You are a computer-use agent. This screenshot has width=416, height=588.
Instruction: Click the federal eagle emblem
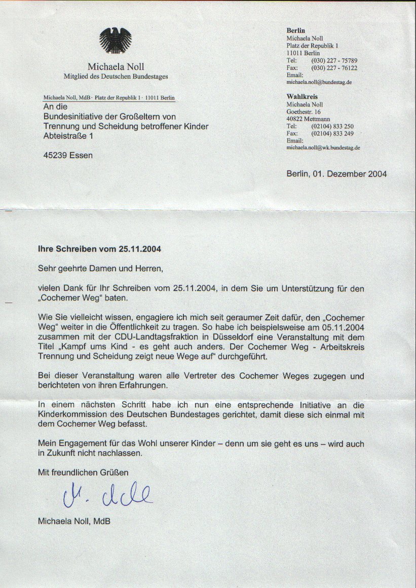(115, 42)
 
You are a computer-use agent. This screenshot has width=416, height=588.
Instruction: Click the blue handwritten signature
(108, 496)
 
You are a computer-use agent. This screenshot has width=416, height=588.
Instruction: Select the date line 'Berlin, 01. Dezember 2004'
(336, 174)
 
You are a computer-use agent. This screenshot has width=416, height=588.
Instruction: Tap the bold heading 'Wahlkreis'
(302, 96)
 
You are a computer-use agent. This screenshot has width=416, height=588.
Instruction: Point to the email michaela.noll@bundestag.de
(319, 82)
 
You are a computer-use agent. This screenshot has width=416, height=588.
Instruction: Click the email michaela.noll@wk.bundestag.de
(323, 148)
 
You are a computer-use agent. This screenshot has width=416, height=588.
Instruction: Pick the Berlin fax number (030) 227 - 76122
(334, 67)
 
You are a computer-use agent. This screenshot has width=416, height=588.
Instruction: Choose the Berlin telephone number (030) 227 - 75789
(334, 60)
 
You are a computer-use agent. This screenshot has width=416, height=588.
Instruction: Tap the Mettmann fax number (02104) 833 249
(332, 133)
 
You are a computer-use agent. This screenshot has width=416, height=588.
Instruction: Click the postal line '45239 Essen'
(68, 155)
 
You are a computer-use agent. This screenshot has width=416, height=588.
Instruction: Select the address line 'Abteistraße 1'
(68, 136)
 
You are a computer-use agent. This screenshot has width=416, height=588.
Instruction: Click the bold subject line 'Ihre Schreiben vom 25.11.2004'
(100, 249)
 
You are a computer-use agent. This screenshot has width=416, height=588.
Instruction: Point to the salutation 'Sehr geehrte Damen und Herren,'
(101, 267)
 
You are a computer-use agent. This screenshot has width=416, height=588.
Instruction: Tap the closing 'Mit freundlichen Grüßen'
(84, 472)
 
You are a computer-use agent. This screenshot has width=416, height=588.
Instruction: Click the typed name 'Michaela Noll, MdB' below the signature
(74, 521)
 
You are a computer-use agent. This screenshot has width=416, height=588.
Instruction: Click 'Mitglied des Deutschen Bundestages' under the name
(116, 77)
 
